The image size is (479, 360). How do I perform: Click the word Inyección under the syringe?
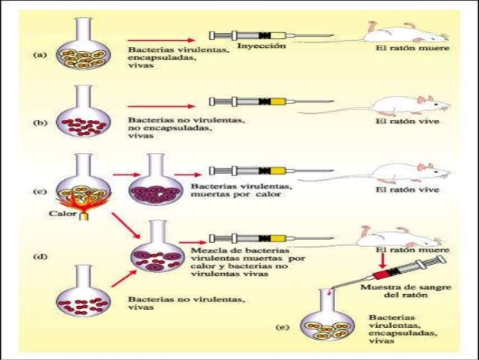[262, 46]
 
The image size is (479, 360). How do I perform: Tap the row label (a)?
[40, 55]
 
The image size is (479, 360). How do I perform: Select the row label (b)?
[40, 123]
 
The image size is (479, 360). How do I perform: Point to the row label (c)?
[40, 191]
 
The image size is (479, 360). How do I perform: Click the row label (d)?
[40, 256]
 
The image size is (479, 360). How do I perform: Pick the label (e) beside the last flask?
[283, 328]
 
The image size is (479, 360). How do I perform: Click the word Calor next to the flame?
[62, 213]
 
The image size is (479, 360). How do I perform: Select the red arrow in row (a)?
[161, 40]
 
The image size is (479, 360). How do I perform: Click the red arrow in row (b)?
[161, 106]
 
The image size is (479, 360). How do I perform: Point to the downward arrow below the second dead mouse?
[382, 261]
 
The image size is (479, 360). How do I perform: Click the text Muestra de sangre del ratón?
[406, 291]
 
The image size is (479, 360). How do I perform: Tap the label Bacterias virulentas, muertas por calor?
[241, 190]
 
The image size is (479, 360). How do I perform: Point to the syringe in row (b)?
[271, 101]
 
